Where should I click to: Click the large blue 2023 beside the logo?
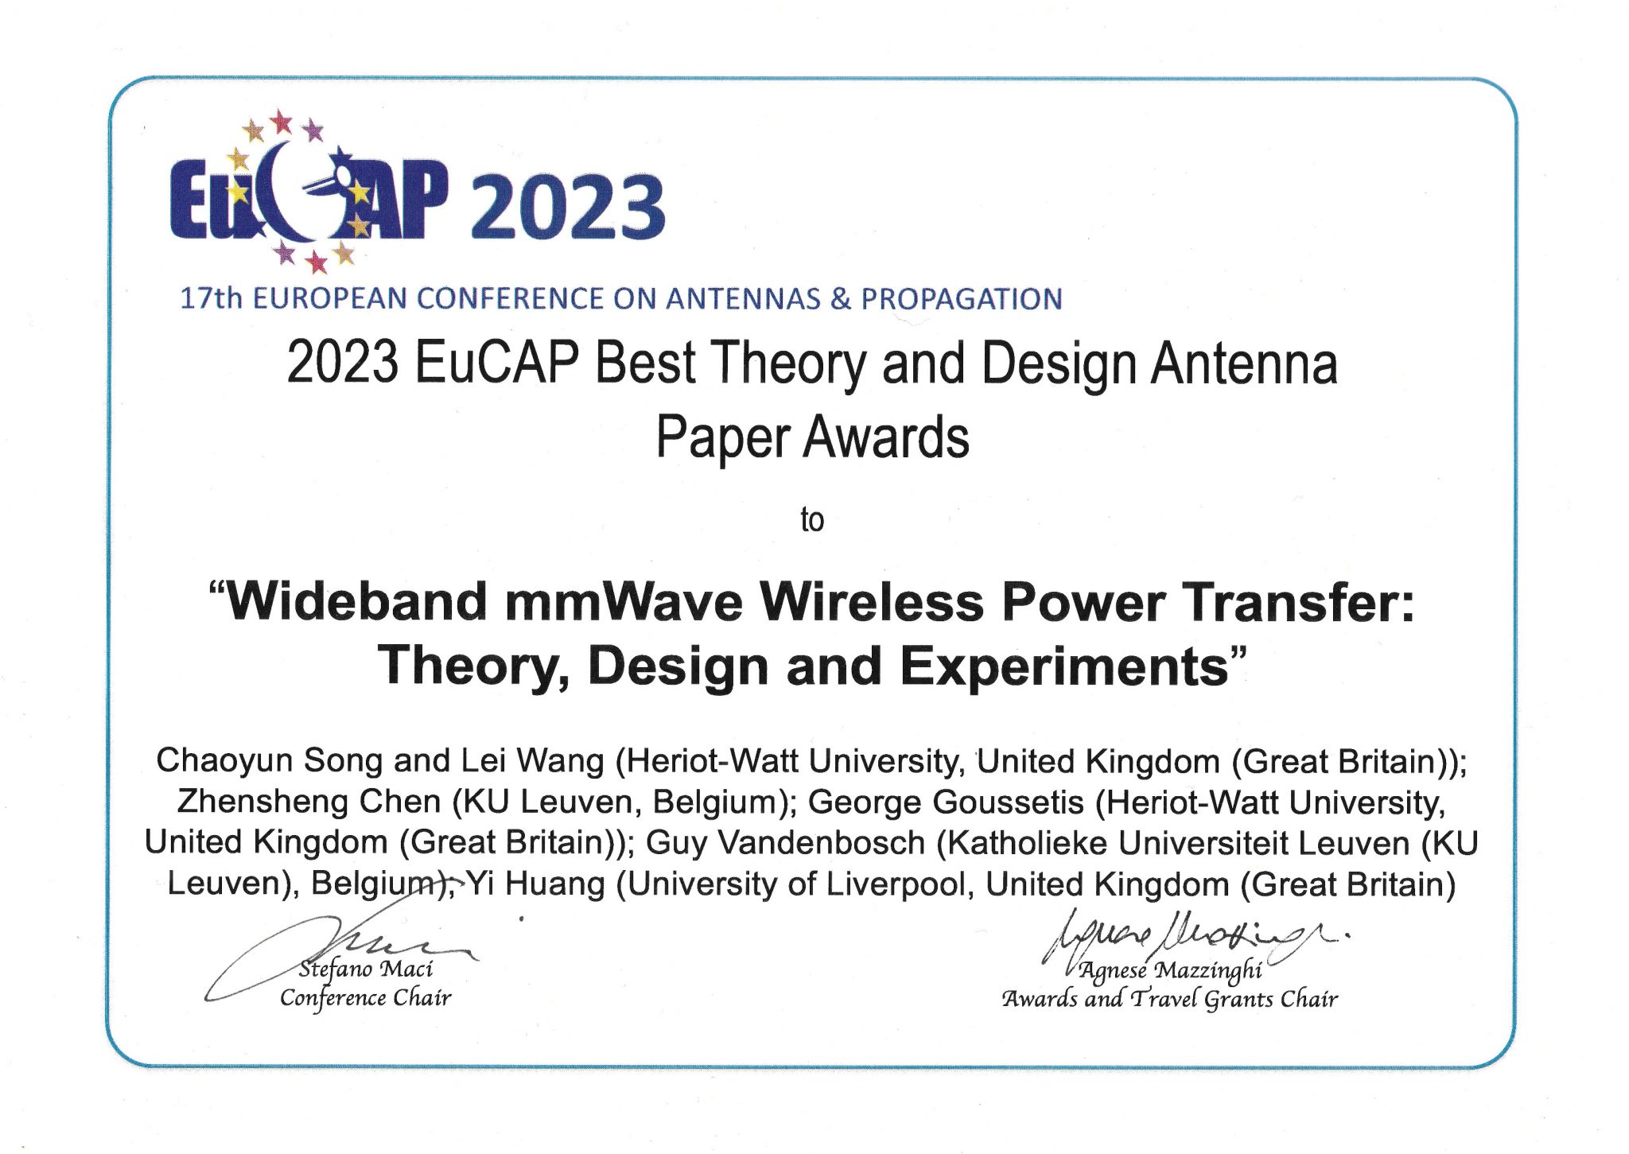click(568, 207)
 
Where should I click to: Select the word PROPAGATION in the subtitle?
click(962, 299)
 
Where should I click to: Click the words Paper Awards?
click(812, 437)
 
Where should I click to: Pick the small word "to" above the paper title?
click(812, 520)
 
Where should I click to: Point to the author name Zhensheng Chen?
click(309, 802)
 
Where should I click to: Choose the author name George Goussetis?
click(946, 802)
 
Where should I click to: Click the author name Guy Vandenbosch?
click(785, 843)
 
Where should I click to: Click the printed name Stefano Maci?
click(366, 969)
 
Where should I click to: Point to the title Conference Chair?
click(365, 998)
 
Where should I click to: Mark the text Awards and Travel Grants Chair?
click(1169, 999)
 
